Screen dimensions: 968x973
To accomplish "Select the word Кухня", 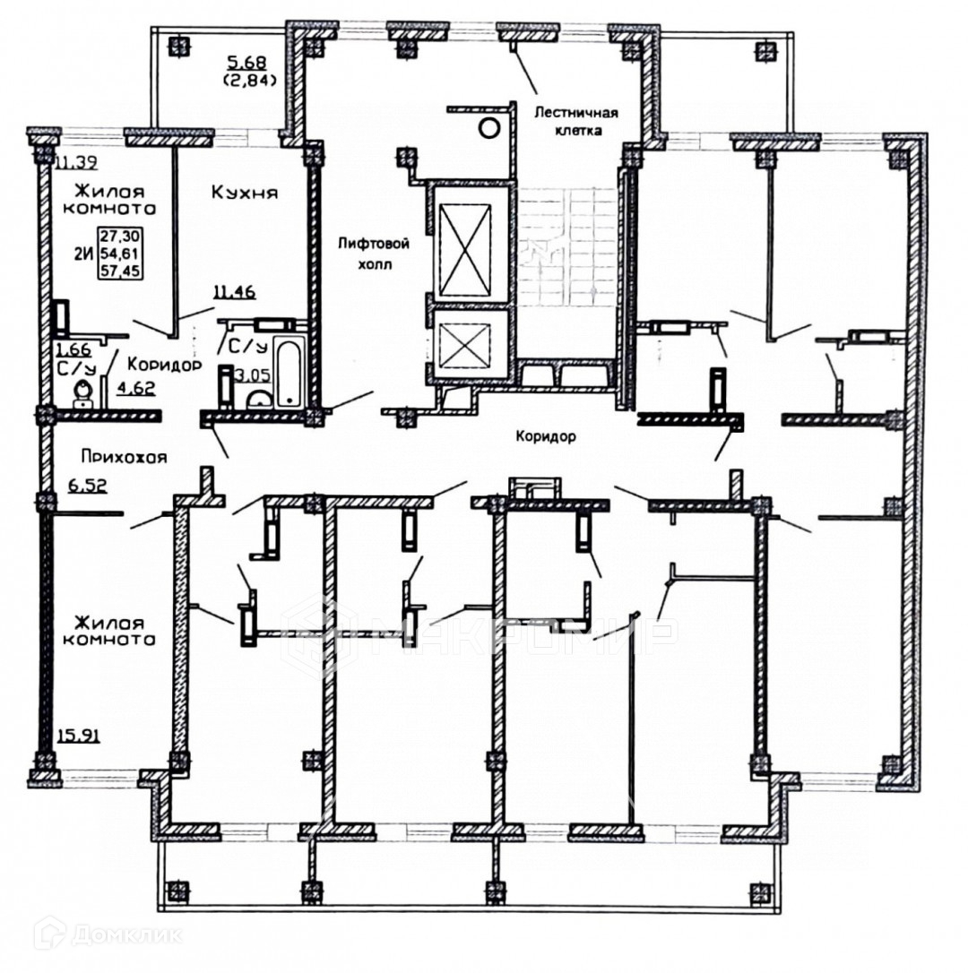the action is (x=245, y=192).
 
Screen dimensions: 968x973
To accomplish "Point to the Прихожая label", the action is (x=124, y=456).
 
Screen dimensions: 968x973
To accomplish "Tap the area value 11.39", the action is (x=75, y=162).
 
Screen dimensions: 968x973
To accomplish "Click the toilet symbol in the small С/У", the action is (x=83, y=391).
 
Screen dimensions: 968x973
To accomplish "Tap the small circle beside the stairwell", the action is (x=488, y=127).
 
